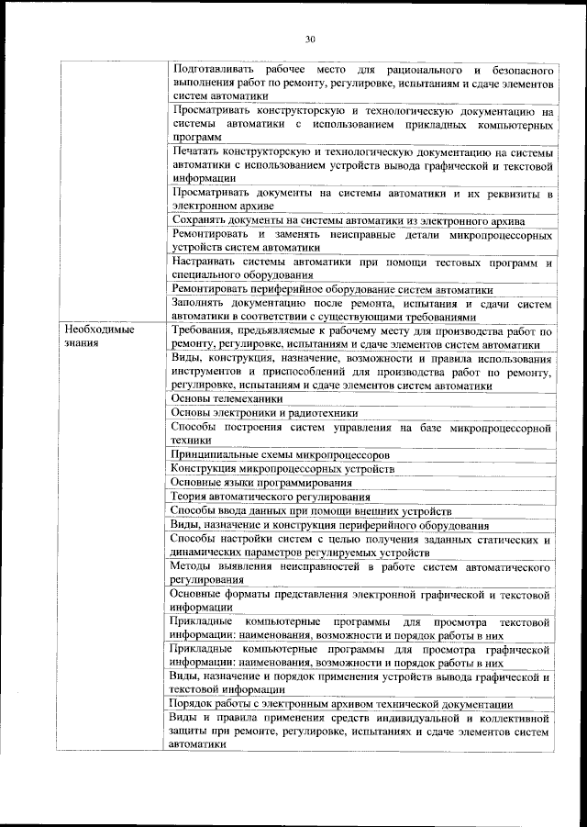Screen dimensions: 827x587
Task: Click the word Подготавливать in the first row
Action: (211, 70)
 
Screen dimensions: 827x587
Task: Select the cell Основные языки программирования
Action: (261, 483)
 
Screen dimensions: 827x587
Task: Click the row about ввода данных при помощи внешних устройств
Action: (311, 511)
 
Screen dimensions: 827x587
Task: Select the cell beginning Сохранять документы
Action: (347, 221)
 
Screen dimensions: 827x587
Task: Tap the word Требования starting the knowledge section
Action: (206, 330)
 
